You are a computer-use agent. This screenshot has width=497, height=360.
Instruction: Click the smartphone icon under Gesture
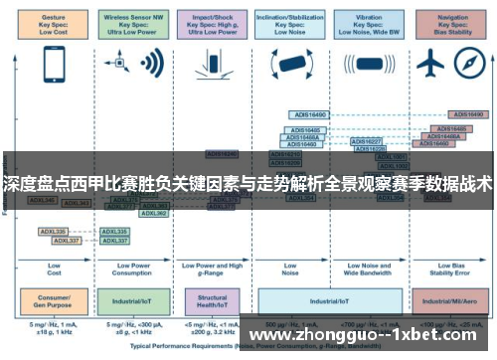[54, 64]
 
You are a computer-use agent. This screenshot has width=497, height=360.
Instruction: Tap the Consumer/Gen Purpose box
[54, 298]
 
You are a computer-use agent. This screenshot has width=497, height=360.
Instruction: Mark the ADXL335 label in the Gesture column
[53, 231]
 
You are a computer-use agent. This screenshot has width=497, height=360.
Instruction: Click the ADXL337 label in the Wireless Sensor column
[116, 240]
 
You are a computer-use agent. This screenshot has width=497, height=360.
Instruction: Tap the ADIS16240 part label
[223, 154]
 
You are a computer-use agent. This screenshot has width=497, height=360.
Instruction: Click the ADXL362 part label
[153, 212]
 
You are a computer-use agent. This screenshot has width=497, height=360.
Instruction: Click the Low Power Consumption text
[132, 268]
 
